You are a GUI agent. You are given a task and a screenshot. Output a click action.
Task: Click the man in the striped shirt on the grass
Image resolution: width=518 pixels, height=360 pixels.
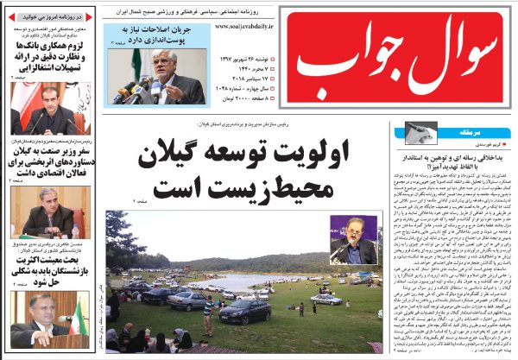pyautogui.click(x=207, y=313)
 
